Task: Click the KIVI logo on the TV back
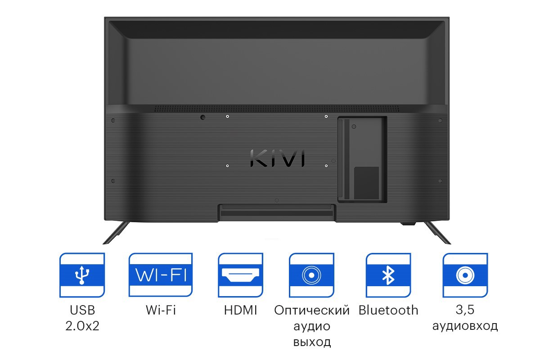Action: click(277, 158)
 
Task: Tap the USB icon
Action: click(82, 275)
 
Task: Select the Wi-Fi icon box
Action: click(161, 275)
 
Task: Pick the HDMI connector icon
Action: click(240, 275)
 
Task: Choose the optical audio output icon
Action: click(311, 275)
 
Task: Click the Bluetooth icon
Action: click(388, 275)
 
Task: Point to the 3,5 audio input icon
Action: click(465, 275)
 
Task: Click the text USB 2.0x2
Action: click(82, 318)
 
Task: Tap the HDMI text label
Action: click(240, 310)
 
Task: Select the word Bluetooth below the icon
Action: click(388, 310)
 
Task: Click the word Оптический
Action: click(312, 310)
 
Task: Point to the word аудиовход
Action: click(465, 326)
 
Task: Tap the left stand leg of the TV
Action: click(116, 233)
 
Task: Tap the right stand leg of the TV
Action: click(437, 233)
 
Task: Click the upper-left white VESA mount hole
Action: click(227, 117)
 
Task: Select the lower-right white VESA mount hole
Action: click(326, 166)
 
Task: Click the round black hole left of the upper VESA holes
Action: click(203, 117)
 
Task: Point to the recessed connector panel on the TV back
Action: click(362, 159)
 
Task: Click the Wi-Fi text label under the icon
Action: click(161, 310)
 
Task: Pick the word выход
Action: click(312, 342)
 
